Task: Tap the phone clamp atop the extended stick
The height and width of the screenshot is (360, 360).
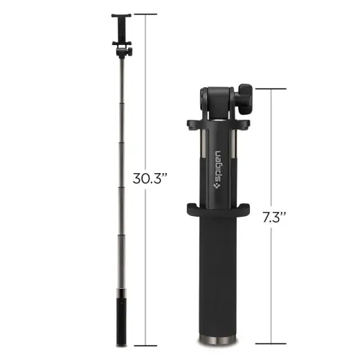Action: [123, 28]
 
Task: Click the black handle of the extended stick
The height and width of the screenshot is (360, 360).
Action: [123, 318]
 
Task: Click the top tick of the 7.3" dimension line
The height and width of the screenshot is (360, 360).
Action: [271, 89]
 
